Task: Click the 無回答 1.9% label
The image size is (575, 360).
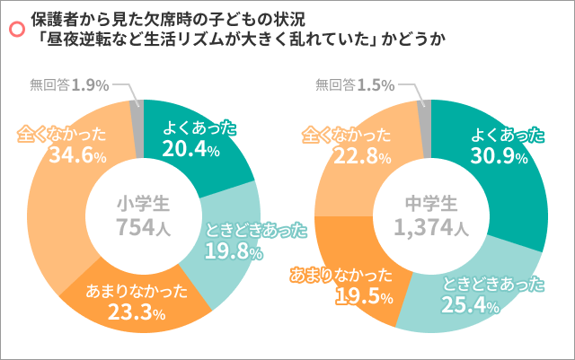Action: (69, 85)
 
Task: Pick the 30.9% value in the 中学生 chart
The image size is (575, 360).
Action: (495, 156)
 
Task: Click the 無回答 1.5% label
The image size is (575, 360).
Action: (356, 85)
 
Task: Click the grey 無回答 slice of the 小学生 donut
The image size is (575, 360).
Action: (137, 117)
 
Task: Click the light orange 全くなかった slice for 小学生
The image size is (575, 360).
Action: (54, 206)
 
